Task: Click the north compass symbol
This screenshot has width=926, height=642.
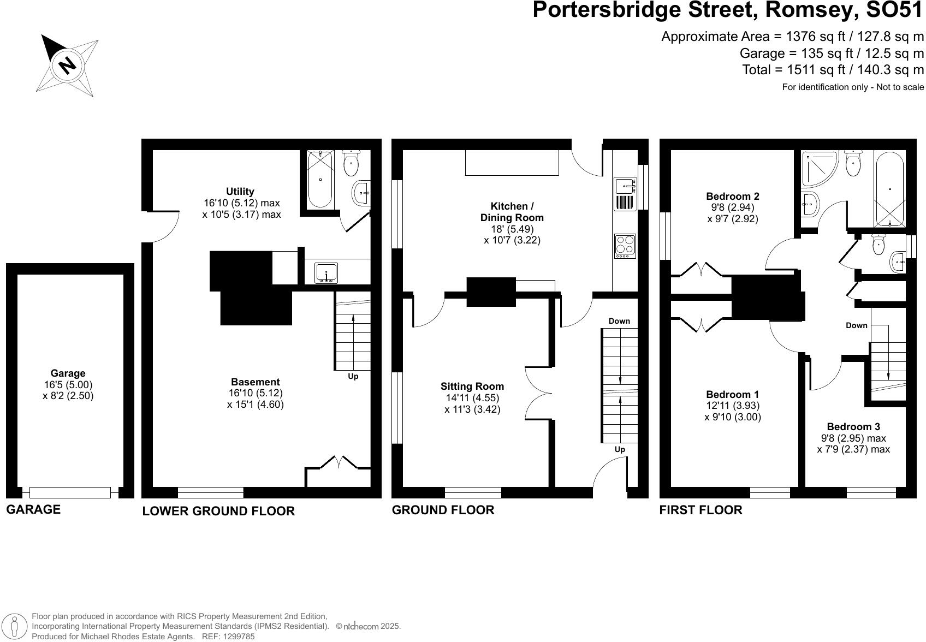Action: (x=67, y=65)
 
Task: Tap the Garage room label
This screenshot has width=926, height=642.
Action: (x=68, y=373)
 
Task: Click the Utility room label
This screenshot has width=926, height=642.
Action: (x=240, y=192)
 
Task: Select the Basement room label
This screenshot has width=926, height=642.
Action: (x=255, y=382)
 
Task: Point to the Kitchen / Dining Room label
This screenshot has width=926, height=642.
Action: (x=512, y=212)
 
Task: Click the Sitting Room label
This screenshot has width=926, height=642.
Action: (x=472, y=387)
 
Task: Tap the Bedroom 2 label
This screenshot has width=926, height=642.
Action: (x=732, y=197)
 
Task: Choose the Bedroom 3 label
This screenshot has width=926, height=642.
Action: (x=853, y=427)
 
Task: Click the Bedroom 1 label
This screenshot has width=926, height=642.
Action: (x=732, y=394)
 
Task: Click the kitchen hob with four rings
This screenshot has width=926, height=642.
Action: (x=625, y=246)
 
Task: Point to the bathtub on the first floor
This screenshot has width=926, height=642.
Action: (x=889, y=189)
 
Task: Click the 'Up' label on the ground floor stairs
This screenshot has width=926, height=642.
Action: (x=620, y=449)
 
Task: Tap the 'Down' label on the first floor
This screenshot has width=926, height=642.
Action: (x=856, y=325)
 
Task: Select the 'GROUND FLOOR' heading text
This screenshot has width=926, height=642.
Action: (x=443, y=510)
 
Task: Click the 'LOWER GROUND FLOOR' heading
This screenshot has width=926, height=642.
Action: (x=218, y=511)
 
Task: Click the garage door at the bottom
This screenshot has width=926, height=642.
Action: (x=70, y=492)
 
